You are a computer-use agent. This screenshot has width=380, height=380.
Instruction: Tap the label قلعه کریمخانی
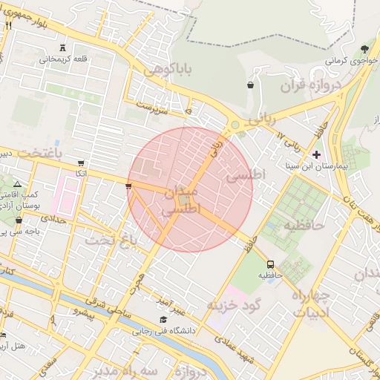pyautogui.click(x=64, y=59)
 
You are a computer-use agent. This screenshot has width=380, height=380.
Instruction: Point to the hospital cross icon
pyautogui.click(x=317, y=154)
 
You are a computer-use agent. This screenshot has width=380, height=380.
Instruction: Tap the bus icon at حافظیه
pyautogui.click(x=269, y=263)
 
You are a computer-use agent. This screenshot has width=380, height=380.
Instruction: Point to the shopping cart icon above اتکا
pyautogui.click(x=81, y=163)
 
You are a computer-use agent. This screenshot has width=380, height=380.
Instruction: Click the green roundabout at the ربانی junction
pyautogui.click(x=235, y=125)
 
